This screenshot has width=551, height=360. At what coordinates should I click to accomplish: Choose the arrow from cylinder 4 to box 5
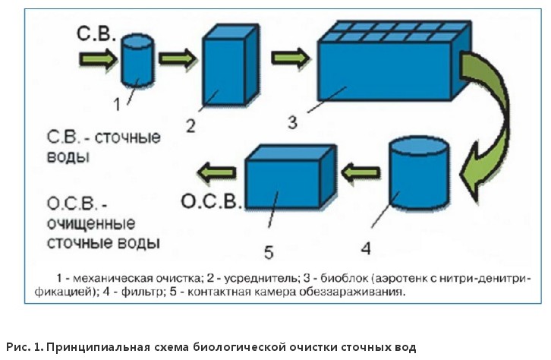360,174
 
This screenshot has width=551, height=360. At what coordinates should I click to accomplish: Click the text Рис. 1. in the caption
24,347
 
